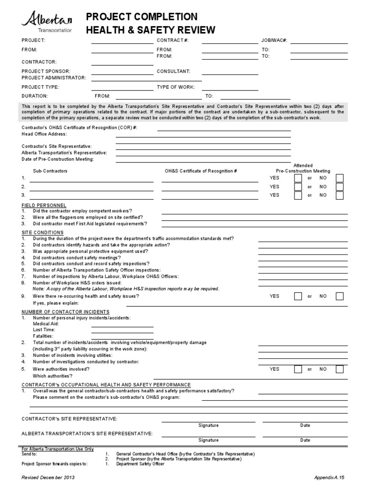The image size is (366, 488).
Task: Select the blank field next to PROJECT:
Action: (122, 41)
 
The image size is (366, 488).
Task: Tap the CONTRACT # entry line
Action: (230, 41)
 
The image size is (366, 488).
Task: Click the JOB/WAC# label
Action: (274, 41)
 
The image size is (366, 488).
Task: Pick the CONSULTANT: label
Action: (173, 71)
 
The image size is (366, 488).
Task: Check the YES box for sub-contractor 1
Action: (298, 178)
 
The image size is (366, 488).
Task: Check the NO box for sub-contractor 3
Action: (339, 195)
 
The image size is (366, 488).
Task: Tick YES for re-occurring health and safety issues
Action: (298, 296)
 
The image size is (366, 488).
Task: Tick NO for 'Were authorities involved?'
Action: (339, 369)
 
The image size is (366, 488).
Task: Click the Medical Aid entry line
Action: (122, 324)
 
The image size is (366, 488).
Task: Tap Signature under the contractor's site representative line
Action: (208, 425)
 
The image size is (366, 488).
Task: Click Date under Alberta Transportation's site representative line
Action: (305, 440)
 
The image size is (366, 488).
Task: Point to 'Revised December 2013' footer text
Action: (48, 477)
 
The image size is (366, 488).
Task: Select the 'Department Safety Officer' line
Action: (140, 464)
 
